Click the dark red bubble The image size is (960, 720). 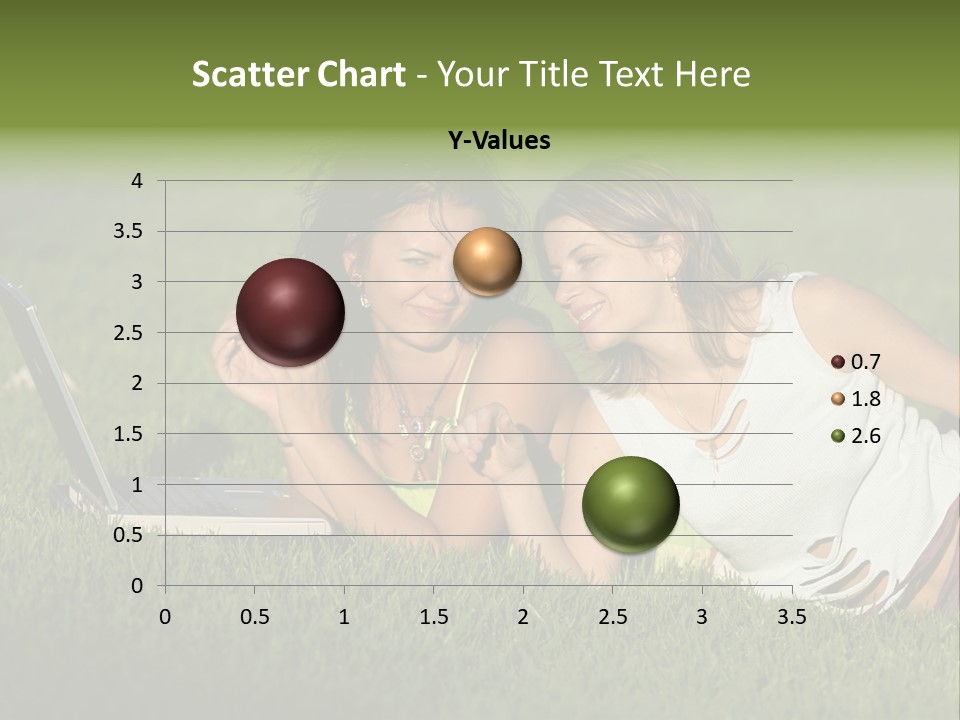(x=290, y=312)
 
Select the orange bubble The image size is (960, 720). (x=487, y=262)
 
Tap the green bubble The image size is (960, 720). (x=630, y=504)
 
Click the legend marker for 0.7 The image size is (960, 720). (x=838, y=362)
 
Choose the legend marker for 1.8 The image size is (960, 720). (x=838, y=399)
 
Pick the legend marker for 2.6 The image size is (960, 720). (x=838, y=435)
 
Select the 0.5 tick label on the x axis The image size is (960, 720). (x=255, y=617)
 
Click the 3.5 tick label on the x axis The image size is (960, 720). (x=791, y=617)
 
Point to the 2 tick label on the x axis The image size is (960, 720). (x=523, y=617)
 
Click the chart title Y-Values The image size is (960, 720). (x=499, y=141)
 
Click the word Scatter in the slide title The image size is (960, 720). (x=247, y=74)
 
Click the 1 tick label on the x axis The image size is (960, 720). (x=344, y=617)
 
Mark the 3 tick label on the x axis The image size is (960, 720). (x=702, y=617)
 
